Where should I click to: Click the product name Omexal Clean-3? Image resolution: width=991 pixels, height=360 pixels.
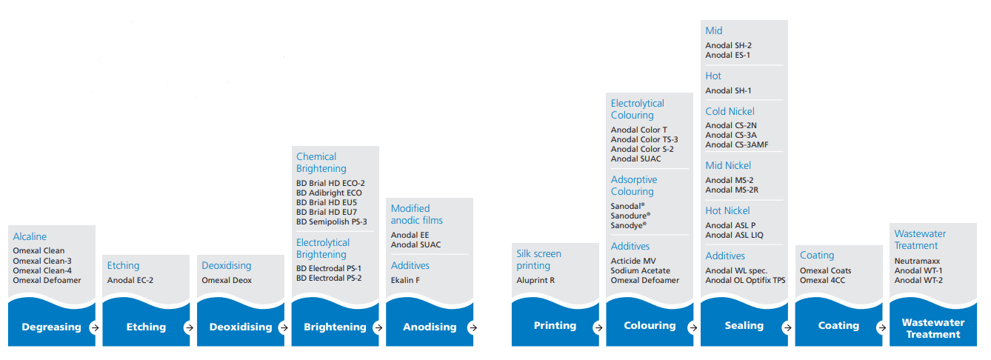click(x=42, y=261)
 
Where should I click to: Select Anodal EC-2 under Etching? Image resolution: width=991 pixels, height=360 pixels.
click(x=130, y=281)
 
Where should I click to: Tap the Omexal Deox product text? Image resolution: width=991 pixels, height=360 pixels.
click(x=227, y=281)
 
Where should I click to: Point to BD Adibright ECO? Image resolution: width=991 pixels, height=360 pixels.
click(x=329, y=193)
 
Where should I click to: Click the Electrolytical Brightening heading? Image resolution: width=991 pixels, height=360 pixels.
click(x=322, y=249)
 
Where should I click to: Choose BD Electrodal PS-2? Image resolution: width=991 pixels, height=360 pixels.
click(x=329, y=279)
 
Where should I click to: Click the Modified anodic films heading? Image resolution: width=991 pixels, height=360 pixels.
click(x=416, y=215)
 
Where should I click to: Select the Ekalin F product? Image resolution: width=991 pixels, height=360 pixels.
click(x=405, y=281)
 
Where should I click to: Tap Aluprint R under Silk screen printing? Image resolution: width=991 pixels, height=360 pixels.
click(x=535, y=281)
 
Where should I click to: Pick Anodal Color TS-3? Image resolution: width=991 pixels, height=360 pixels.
click(x=644, y=140)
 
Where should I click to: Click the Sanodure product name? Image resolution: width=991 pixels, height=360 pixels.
click(x=630, y=216)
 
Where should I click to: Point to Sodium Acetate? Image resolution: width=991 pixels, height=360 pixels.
click(x=640, y=270)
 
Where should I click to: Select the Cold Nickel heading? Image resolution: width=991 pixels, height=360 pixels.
click(x=730, y=111)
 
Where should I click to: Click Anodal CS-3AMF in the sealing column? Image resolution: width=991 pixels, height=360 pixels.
click(x=737, y=145)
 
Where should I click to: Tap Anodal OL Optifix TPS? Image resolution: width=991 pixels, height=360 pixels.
click(x=745, y=281)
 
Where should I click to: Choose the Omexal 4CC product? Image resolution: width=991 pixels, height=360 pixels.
click(x=822, y=281)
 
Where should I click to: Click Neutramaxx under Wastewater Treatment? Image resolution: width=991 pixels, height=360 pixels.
click(x=917, y=261)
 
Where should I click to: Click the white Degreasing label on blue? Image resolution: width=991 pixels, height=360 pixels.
click(x=51, y=327)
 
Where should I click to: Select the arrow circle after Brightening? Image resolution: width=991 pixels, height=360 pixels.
click(x=378, y=327)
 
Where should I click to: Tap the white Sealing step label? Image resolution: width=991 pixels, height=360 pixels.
click(x=744, y=326)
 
